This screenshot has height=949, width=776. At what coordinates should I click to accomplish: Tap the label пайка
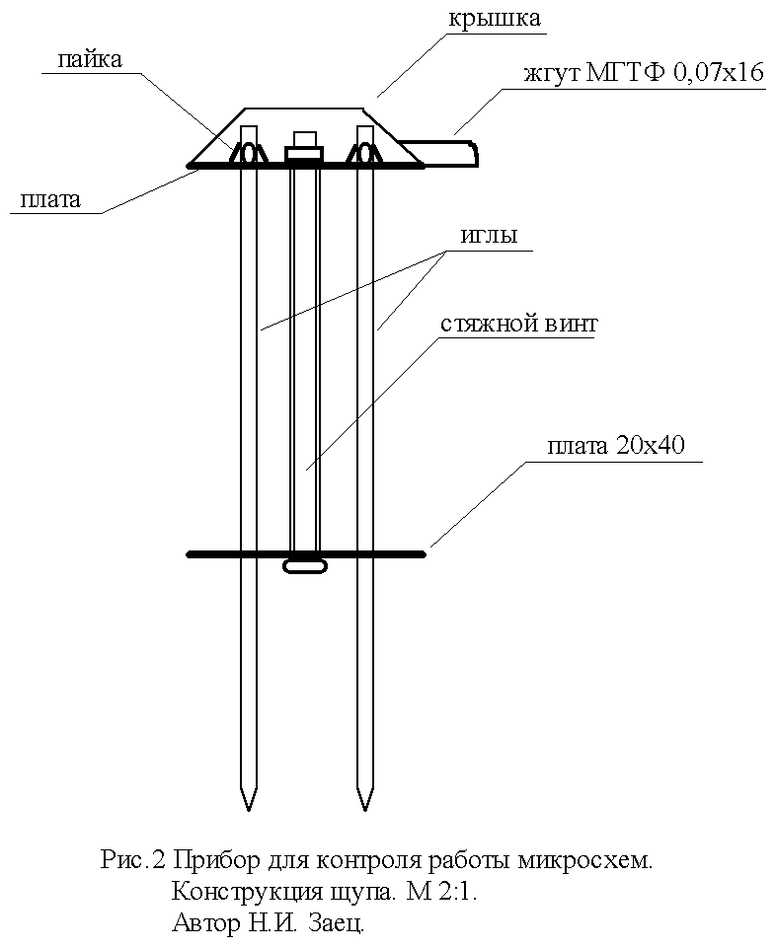90,60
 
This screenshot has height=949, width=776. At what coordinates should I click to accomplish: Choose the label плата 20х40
623,448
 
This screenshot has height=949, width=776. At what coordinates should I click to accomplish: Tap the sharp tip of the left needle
249,807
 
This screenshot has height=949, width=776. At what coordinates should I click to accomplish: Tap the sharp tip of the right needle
365,807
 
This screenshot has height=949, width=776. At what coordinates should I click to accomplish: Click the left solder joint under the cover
249,154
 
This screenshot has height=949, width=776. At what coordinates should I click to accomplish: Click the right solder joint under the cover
365,154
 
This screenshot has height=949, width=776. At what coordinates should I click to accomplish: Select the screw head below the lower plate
306,566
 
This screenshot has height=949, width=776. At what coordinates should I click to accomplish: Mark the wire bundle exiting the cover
444,153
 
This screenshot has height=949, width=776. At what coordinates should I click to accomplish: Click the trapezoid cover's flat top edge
306,108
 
